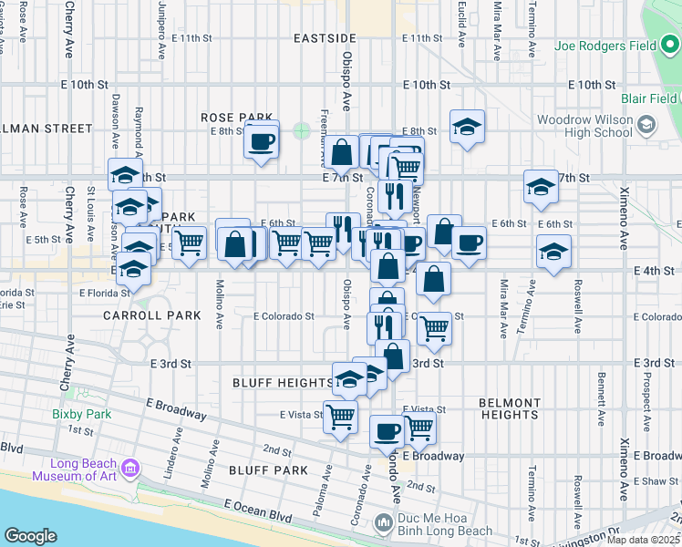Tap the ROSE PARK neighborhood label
point(237,118)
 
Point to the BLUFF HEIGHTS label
point(282,382)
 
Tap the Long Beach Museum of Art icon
point(130,469)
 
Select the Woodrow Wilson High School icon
point(646,123)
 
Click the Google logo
point(30,536)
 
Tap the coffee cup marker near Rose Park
point(262,141)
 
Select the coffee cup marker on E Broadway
point(387,429)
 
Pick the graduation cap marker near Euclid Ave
point(467,127)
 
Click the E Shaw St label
point(659,480)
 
